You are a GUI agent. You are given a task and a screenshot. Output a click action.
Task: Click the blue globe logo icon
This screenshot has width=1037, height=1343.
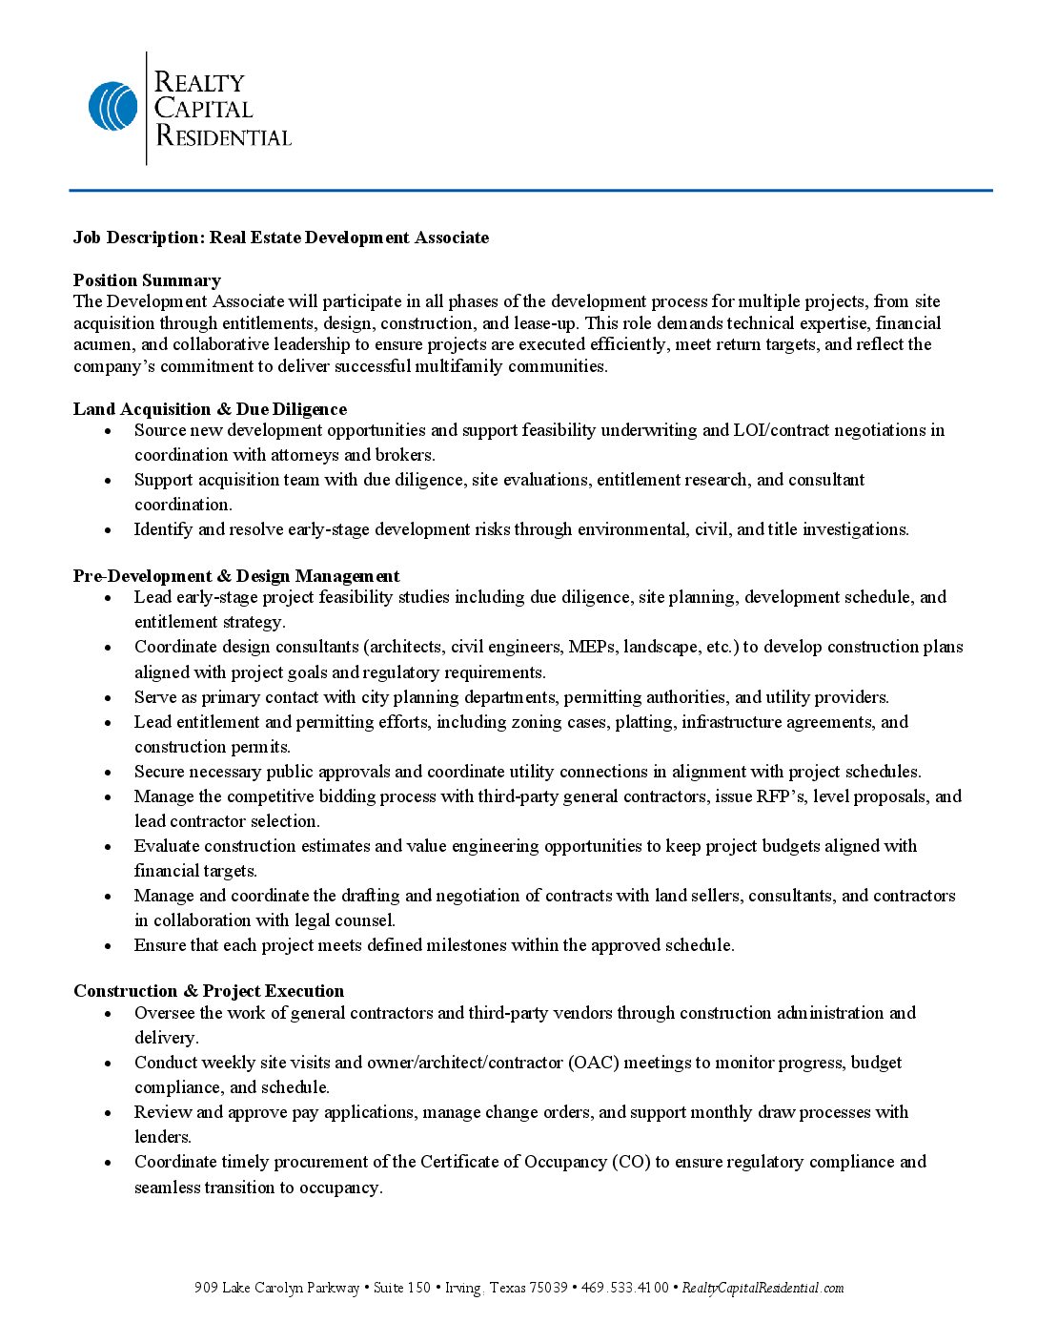coord(112,106)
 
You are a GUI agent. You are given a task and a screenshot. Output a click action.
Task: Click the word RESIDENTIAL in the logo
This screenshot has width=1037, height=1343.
coord(223,136)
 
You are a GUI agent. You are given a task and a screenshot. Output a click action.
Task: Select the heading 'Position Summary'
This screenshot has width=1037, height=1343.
coord(147,280)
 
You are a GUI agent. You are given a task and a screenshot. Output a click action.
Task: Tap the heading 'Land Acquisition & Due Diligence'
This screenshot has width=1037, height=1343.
coord(210,409)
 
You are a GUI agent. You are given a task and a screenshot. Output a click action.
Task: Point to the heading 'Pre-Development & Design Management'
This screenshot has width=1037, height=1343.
coord(236,576)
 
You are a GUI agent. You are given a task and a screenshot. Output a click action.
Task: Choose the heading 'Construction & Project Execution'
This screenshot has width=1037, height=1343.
coord(209,991)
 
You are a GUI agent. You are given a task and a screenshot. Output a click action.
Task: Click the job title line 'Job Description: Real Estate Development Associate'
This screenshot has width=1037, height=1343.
coord(281,238)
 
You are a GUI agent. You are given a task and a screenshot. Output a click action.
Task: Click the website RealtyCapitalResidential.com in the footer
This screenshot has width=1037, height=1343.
coord(762,1289)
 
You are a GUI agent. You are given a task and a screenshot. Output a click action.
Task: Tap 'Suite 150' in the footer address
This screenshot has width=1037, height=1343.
coord(401,1289)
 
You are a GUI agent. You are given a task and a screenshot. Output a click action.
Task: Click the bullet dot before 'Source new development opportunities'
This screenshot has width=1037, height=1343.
coord(109,431)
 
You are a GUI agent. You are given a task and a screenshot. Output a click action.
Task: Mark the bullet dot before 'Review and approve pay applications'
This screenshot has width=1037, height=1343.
coord(109,1113)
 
